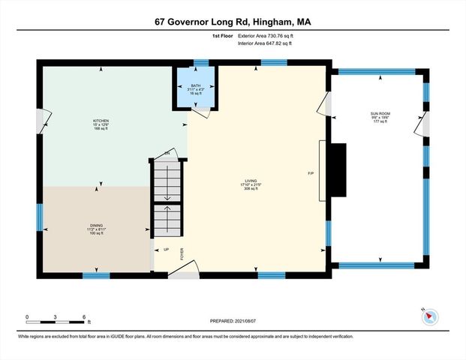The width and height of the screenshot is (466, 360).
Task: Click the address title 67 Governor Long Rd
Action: pos(233,22)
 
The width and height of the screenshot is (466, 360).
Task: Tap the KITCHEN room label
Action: pos(101,121)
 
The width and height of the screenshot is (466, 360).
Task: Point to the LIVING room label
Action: pos(251,181)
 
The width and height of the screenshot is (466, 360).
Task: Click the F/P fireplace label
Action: pos(310,173)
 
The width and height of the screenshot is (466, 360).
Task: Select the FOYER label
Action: pos(182,253)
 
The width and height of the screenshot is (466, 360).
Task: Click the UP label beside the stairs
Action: pos(166,249)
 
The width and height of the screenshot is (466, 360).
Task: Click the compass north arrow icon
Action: pos(428,316)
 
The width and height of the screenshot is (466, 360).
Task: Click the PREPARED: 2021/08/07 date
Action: pos(233,320)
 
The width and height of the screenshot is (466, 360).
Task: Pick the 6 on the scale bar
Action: pos(84,316)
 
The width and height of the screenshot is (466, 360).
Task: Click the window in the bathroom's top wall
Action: pos(200,64)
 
